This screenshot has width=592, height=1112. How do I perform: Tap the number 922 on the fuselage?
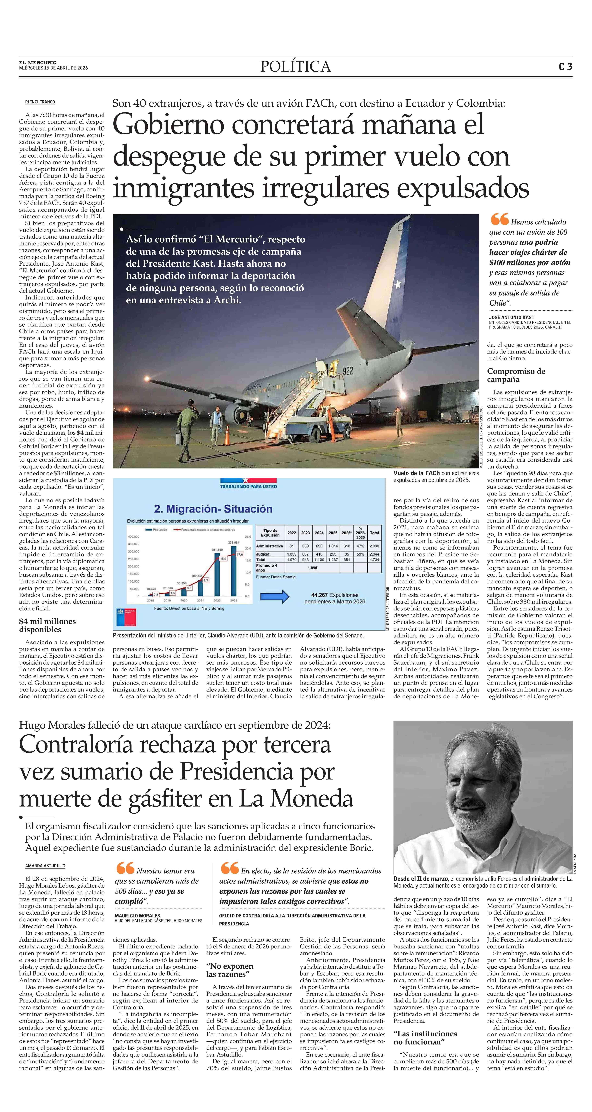click(x=348, y=371)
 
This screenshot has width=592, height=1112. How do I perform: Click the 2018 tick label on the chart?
click(x=151, y=600)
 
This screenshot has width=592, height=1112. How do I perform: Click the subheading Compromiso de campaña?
click(x=516, y=375)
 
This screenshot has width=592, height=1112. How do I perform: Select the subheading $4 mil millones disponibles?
click(x=48, y=625)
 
